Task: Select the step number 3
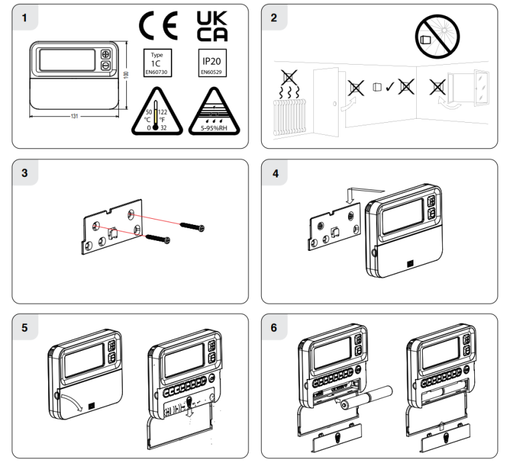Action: tap(25, 173)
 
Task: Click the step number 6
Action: tap(274, 328)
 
